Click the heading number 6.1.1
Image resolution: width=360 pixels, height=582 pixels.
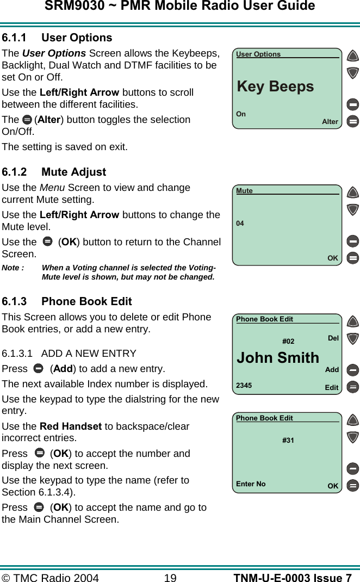click(15, 38)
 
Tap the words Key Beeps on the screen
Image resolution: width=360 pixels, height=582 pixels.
click(275, 86)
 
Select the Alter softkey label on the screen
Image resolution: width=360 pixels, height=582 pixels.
click(330, 122)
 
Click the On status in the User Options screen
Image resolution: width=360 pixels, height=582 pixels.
click(241, 114)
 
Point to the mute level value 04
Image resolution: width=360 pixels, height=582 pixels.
click(240, 224)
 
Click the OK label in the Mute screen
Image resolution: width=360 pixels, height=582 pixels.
click(332, 258)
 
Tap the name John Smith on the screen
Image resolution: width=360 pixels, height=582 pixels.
click(278, 358)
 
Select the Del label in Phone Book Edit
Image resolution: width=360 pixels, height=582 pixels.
click(333, 338)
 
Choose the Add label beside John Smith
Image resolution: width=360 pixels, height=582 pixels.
click(332, 370)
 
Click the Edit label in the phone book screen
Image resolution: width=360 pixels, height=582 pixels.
click(331, 388)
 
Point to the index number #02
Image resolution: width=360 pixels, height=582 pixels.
click(288, 342)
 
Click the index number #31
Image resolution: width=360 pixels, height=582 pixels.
click(288, 440)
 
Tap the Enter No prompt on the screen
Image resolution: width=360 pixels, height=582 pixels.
click(251, 484)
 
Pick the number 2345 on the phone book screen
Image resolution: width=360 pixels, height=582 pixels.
click(244, 386)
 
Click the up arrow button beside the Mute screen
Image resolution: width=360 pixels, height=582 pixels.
click(352, 193)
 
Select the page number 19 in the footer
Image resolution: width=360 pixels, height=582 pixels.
click(170, 578)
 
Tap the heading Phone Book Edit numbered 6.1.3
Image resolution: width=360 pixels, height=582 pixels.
click(86, 301)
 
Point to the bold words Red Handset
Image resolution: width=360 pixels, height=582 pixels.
click(71, 426)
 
